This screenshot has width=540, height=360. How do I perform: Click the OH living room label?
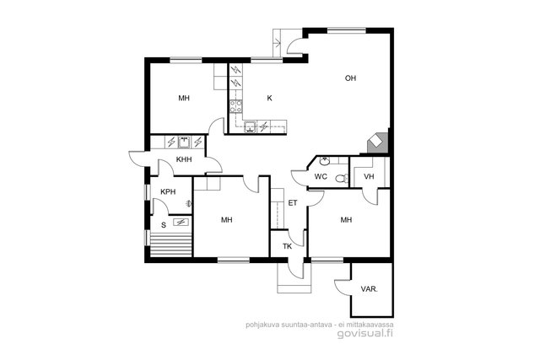pos(350,78)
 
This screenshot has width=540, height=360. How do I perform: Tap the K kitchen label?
pos(269,99)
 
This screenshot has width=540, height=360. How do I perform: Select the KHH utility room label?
pos(184,159)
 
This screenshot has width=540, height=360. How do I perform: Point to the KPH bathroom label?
pos(168,192)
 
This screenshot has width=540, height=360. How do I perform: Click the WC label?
pos(321,177)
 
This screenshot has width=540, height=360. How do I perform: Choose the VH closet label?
pos(369,177)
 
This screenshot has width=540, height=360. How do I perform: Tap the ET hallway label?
pos(293,203)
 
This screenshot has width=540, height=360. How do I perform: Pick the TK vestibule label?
pos(287,246)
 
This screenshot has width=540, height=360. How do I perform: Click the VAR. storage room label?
pos(370,289)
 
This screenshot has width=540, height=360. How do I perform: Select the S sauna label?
pos(164,225)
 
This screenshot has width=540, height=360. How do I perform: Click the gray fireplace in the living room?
pos(377,142)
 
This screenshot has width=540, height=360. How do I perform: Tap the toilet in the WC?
pos(342,178)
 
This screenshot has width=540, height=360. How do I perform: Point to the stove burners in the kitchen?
pos(235,106)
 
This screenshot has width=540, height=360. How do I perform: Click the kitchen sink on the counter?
pos(250,126)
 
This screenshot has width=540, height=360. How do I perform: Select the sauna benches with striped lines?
pos(170,244)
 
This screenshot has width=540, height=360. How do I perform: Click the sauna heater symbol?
pos(181,223)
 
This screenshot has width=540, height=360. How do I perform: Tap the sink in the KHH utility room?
pos(184,142)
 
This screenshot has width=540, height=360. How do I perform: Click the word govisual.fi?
pos(365,334)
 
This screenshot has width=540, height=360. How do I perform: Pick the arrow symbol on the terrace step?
pos(278,43)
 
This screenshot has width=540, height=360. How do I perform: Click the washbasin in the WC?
pos(324,161)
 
